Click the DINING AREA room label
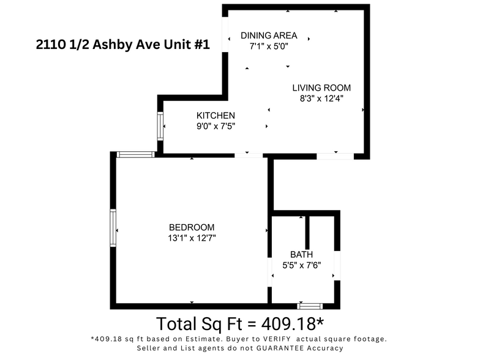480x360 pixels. (268, 35)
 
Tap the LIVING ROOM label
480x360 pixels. (321, 88)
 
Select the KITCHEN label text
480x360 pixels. (216, 115)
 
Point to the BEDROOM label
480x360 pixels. (192, 227)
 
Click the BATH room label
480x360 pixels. (301, 254)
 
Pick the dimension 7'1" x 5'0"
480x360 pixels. (268, 46)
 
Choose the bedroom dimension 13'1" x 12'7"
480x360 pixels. (192, 238)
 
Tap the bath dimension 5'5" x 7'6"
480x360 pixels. (301, 265)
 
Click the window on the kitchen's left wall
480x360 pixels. (161, 126)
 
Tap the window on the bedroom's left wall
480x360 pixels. (113, 228)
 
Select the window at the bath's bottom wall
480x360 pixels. (309, 305)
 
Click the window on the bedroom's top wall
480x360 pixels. (135, 154)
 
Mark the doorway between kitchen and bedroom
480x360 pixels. (250, 156)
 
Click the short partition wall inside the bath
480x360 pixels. (307, 232)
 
